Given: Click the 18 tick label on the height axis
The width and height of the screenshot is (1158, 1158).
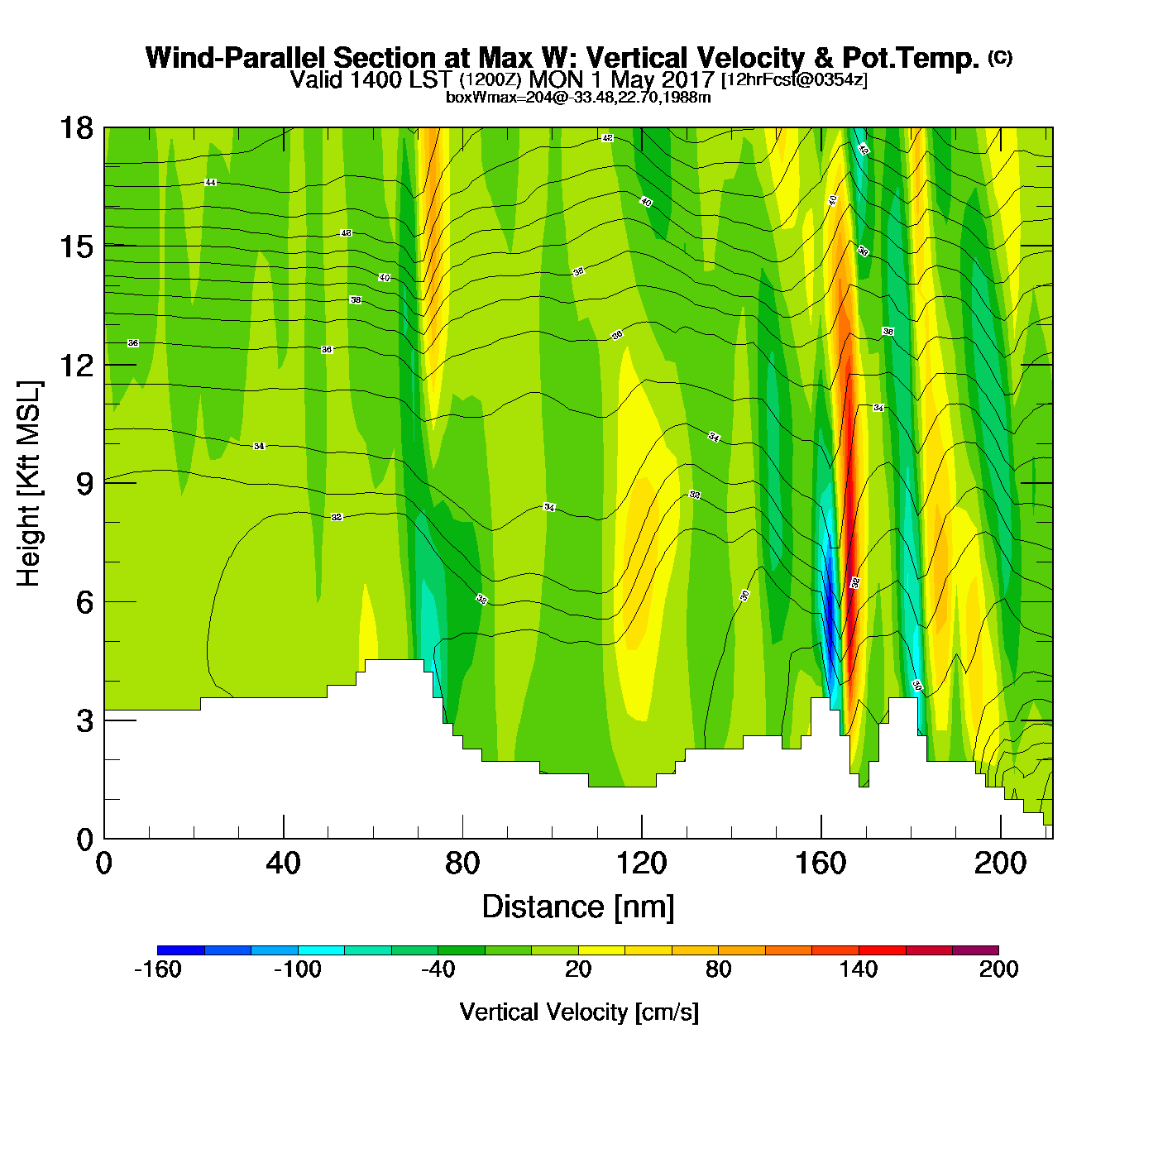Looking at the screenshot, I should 75,128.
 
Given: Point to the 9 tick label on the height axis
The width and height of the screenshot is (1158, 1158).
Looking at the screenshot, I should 84,484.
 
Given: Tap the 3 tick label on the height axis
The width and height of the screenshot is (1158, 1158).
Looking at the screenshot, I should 84,721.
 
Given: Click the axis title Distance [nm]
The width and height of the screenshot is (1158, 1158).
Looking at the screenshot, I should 578,907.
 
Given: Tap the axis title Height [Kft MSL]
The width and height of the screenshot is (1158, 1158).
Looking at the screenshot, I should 29,484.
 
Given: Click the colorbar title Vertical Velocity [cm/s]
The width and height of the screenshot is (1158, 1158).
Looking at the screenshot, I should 579,1012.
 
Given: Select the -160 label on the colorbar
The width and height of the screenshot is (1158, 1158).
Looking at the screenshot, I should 157,970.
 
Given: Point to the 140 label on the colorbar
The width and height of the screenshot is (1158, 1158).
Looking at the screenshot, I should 859,970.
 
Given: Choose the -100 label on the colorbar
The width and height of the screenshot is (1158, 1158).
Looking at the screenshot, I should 297,970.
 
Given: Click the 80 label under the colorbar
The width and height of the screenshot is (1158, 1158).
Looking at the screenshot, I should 718,970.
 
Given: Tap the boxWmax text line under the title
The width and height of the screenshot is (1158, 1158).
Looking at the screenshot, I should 578,98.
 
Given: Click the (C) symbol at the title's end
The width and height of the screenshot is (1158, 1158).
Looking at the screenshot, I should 1000,57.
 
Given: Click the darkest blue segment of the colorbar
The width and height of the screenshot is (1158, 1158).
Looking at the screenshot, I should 180,950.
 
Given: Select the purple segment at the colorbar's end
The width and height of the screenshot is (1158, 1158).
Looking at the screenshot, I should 975,950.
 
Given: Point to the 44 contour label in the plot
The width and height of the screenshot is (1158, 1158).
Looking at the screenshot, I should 211,182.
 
